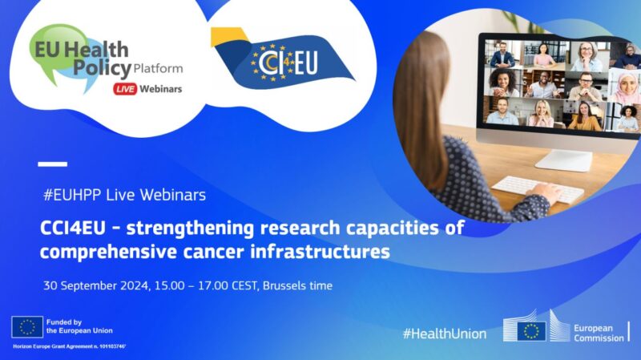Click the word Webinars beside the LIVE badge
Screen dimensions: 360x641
tap(161, 88)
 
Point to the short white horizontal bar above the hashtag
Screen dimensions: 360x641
tap(53, 164)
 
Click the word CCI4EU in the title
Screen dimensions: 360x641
tap(75, 228)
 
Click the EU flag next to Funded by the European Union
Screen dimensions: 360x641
tap(27, 326)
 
